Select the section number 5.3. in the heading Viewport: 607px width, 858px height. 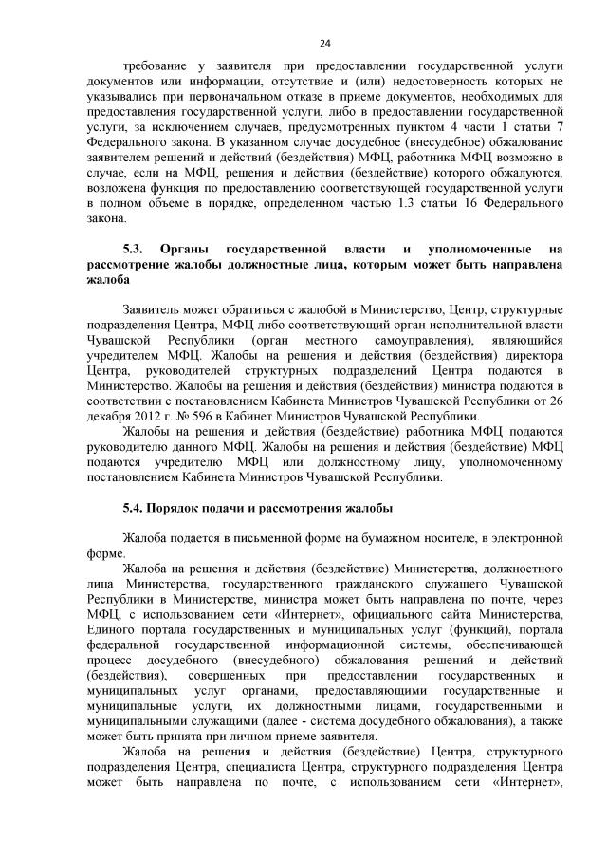(134, 248)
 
